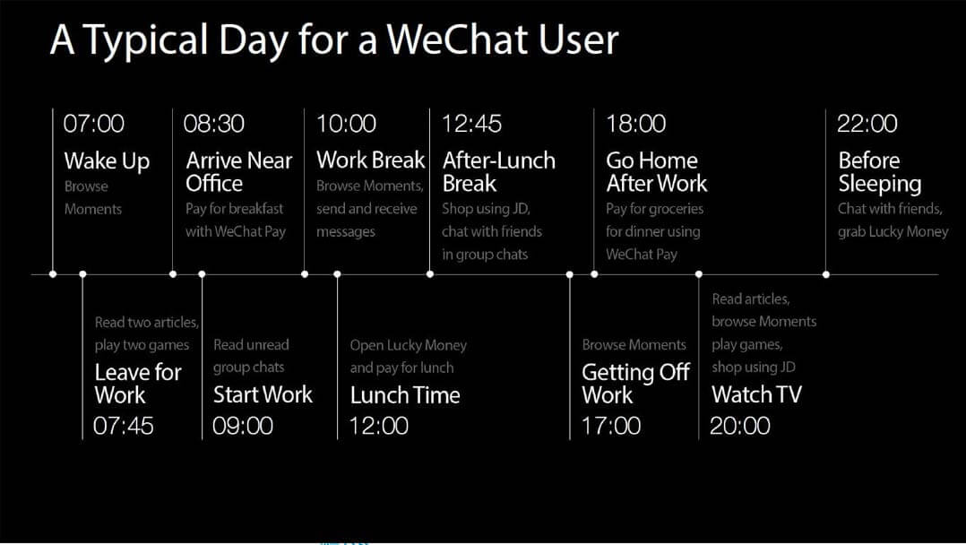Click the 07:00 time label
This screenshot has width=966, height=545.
93,124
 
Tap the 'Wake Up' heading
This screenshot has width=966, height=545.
107,161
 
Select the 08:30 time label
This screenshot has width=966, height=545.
214,124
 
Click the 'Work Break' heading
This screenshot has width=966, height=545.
370,160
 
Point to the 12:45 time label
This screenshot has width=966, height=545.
472,124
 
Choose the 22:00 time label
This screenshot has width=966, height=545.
867,124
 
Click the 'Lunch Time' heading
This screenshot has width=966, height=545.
405,395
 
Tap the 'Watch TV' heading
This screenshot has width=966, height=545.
756,394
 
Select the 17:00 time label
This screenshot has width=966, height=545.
611,426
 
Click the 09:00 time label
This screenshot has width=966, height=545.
243,426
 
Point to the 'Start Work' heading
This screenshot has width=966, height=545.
263,394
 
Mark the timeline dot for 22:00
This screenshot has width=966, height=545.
826,274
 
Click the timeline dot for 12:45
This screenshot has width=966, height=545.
430,274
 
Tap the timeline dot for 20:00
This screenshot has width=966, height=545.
699,274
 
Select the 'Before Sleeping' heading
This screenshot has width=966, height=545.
880,172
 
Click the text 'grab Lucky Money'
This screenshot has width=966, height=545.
893,232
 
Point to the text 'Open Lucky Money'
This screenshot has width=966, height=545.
408,346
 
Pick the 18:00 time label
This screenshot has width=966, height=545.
636,124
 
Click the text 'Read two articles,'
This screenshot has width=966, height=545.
147,323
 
